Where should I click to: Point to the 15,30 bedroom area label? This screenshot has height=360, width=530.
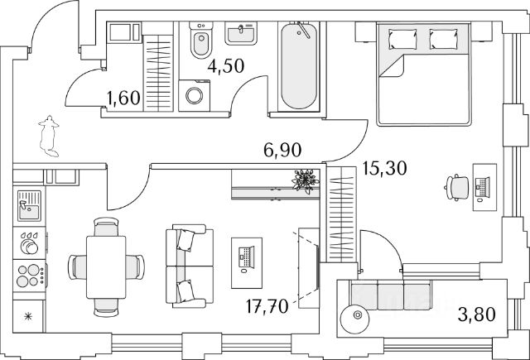(x=385, y=172)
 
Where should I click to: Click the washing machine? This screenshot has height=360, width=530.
(x=195, y=94)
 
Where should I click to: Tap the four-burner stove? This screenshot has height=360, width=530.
(x=29, y=274)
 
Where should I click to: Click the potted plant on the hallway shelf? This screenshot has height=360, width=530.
(x=306, y=180)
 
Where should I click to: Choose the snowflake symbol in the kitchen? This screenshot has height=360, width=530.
(x=28, y=315)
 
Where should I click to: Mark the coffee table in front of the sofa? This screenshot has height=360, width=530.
(x=246, y=256)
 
